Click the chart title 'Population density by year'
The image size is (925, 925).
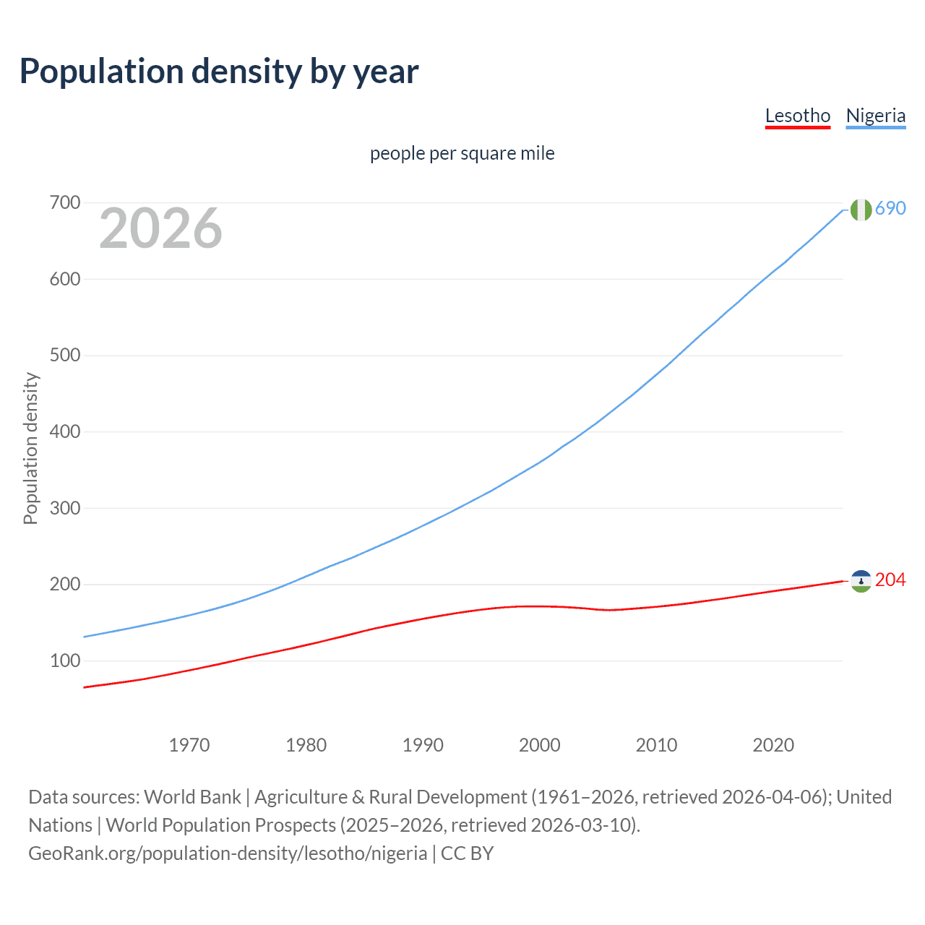click(x=219, y=72)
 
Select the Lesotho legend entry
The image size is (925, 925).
click(x=798, y=116)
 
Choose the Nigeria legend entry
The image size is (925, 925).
click(x=876, y=116)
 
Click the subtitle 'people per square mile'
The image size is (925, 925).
click(x=462, y=153)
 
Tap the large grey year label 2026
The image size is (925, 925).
click(x=160, y=228)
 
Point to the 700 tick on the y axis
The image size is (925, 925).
click(x=65, y=203)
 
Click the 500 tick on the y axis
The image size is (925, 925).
click(x=65, y=356)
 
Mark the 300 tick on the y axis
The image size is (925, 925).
click(x=65, y=508)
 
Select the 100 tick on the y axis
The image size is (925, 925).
click(x=65, y=661)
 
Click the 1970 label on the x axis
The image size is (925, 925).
click(x=189, y=745)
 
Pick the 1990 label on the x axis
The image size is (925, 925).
click(x=423, y=745)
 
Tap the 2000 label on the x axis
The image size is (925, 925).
click(x=540, y=745)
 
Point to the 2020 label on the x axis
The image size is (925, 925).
click(x=773, y=745)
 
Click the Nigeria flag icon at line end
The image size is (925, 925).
click(x=861, y=210)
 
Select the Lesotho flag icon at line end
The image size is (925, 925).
click(x=861, y=581)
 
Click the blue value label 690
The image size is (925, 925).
click(x=890, y=209)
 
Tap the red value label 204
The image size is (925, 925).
click(x=890, y=580)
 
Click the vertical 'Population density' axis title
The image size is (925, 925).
click(x=30, y=448)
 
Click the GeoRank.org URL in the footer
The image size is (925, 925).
click(x=228, y=853)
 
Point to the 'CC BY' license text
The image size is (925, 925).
click(x=468, y=853)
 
